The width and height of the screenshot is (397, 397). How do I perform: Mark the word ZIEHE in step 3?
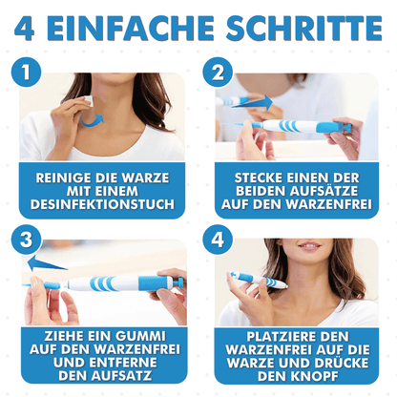point(60,336)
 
